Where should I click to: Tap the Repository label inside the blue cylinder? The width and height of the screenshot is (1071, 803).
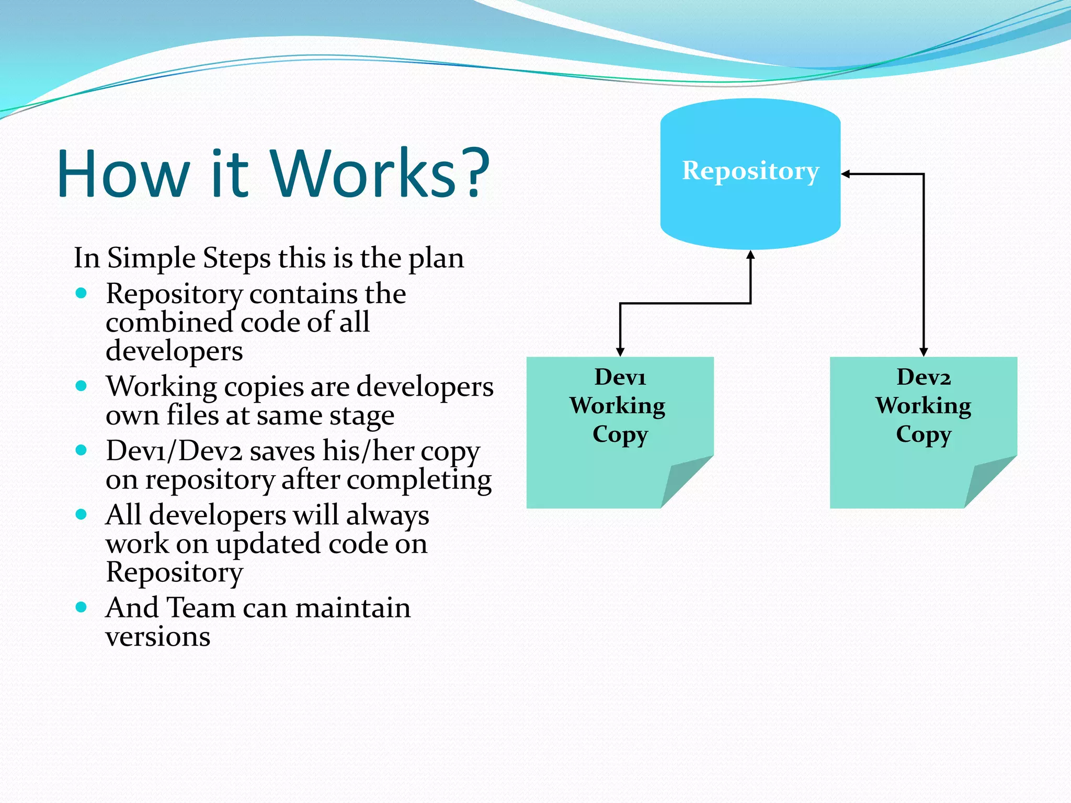750,171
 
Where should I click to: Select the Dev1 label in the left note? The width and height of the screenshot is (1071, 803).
620,377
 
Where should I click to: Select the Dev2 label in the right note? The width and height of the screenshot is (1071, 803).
924,377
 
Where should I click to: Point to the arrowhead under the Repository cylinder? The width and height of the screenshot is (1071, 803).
750,255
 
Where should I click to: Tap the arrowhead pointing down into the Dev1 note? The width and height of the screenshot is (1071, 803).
620,352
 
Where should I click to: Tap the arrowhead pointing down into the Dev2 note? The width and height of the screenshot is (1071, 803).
924,352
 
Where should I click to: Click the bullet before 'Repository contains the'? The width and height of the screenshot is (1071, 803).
81,293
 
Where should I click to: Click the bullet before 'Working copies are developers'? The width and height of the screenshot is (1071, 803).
81,386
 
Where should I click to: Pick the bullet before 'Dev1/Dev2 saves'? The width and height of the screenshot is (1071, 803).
81,450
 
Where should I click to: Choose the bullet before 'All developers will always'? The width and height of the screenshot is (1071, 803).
81,514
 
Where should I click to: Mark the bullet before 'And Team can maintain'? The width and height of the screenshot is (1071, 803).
81,607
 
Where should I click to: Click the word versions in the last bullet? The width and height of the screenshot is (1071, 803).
158,637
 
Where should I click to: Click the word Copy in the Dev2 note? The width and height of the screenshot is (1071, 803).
924,434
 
